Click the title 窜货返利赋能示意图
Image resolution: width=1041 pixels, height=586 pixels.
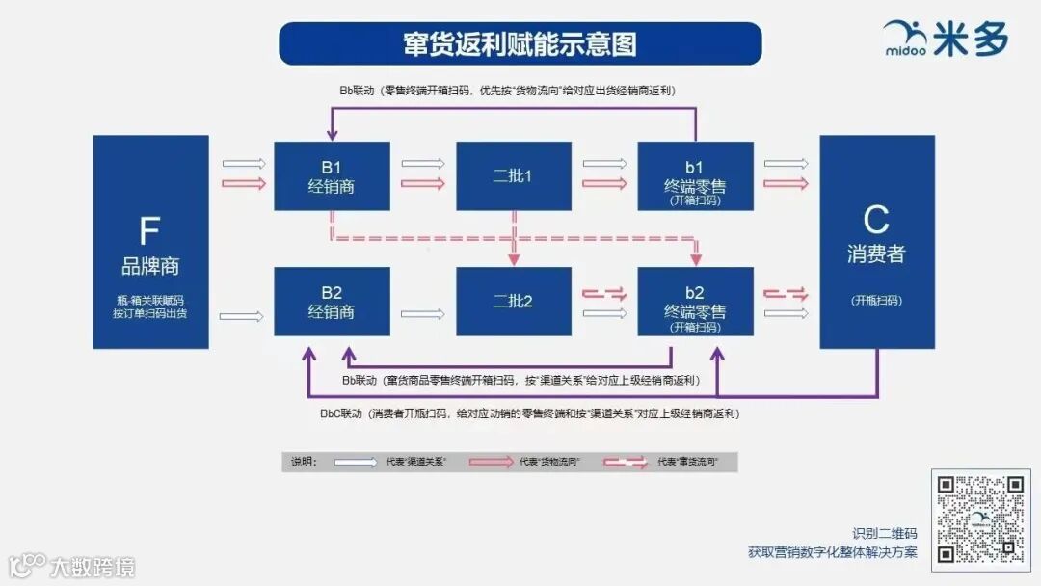[x=520, y=43]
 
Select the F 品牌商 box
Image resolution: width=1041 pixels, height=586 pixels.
[x=150, y=241]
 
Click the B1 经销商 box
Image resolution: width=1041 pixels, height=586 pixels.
[x=332, y=176]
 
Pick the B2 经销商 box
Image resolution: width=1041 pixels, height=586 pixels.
[x=332, y=302]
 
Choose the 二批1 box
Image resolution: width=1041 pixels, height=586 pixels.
[x=513, y=176]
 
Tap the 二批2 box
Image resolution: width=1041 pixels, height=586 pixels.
[x=513, y=302]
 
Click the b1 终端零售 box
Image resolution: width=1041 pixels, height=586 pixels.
[x=695, y=176]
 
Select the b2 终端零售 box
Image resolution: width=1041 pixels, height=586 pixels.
[x=695, y=302]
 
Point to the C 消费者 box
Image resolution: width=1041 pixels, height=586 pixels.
[x=876, y=241]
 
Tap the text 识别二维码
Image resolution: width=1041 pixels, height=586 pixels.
[x=884, y=533]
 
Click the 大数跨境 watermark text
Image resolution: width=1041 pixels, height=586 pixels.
[x=93, y=566]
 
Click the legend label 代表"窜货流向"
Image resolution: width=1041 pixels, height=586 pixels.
[x=688, y=463]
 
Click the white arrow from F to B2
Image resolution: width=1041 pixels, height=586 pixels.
[x=241, y=315]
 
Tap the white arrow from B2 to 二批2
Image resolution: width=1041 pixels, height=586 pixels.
[x=422, y=313]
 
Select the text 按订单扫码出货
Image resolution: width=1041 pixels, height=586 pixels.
[x=150, y=313]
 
